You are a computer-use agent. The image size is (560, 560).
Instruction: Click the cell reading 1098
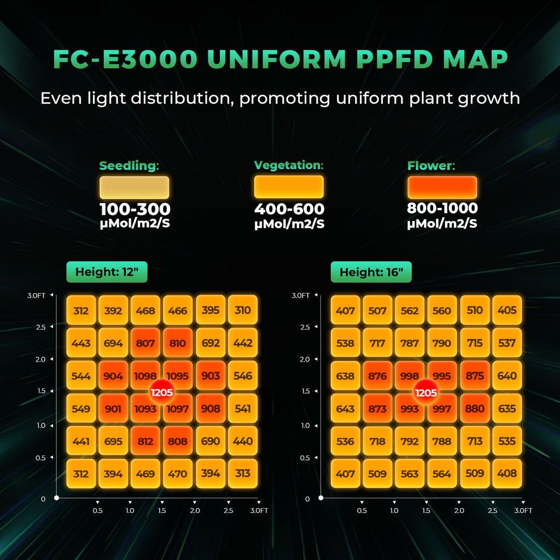point(145,376)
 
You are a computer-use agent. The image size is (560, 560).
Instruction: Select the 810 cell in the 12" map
point(178,343)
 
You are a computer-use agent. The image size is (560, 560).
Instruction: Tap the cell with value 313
point(242,474)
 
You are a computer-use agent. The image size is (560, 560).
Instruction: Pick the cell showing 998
point(410,376)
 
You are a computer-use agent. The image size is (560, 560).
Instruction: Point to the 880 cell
point(475,409)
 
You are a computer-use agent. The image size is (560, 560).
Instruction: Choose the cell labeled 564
point(442,474)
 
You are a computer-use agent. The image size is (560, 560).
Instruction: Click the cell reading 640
point(507,376)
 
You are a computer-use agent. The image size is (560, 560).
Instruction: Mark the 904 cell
point(113,376)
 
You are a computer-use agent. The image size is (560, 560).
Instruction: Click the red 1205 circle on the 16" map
point(426,392)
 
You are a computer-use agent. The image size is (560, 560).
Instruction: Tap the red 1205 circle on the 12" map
point(161,392)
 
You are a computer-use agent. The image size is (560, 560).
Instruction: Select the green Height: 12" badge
point(107,272)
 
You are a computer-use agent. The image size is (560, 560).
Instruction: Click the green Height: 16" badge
point(371,272)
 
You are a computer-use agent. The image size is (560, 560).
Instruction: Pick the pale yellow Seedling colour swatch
point(134,188)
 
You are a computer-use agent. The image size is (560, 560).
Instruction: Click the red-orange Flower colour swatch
point(442,188)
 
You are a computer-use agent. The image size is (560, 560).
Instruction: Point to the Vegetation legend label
point(289,165)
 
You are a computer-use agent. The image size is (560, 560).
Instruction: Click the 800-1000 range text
point(442,208)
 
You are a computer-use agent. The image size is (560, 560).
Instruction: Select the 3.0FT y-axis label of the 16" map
point(301,295)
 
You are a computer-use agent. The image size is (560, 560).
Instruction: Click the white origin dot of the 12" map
point(57,498)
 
